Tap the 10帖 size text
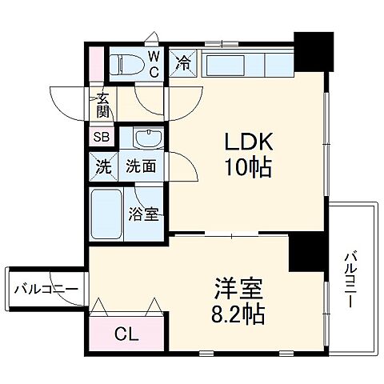click(248, 169)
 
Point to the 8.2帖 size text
click(239, 312)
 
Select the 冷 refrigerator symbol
click(182, 62)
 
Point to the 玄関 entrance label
click(103, 105)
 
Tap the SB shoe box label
click(102, 136)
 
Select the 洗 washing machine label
click(102, 168)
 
